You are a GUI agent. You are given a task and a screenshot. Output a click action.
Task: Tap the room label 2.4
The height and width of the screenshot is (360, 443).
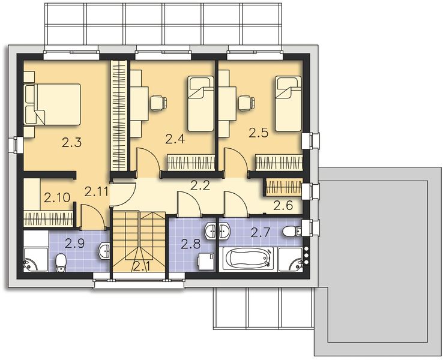point(174,139)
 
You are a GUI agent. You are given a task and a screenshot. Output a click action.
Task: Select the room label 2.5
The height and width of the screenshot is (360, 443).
point(259,132)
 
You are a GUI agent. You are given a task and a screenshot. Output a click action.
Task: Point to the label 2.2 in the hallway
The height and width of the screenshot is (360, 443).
point(200,185)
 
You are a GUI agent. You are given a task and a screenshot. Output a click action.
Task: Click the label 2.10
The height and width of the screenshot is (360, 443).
point(56,196)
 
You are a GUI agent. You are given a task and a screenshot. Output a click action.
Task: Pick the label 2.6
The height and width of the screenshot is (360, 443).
point(283,206)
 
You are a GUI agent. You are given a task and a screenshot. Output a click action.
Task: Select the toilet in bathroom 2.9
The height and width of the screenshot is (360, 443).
point(61,262)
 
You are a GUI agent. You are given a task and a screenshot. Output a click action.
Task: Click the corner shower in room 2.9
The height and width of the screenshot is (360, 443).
point(34,258)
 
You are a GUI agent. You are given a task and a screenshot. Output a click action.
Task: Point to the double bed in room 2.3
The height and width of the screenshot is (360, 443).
point(52,103)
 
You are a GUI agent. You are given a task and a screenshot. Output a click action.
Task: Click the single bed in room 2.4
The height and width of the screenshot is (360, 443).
point(200,103)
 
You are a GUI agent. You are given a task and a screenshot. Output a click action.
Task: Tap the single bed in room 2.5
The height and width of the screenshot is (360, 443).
point(288,103)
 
